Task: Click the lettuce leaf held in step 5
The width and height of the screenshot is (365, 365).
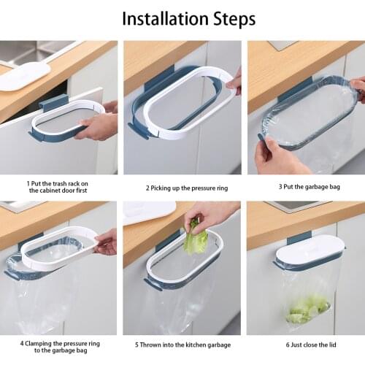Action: (196, 241)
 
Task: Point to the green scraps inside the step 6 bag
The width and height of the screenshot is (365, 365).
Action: (307, 310)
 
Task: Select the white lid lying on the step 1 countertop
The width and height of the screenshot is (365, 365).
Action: (24, 76)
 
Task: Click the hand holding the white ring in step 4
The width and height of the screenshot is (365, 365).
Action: (107, 242)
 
